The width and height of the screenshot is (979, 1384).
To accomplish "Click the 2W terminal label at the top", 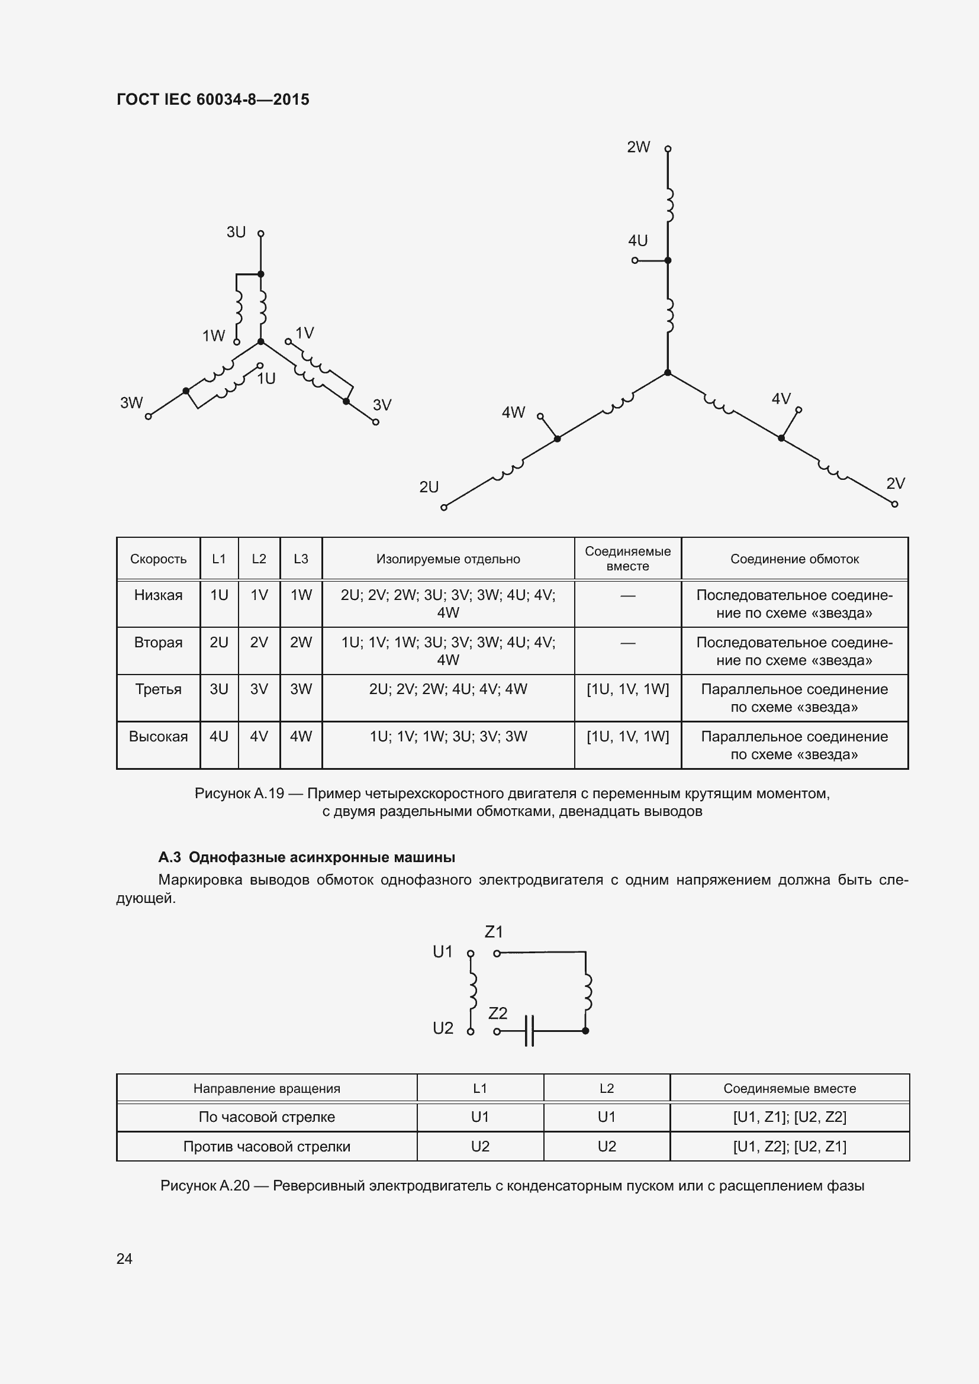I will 638,147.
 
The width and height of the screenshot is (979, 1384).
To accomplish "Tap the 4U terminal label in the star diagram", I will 637,241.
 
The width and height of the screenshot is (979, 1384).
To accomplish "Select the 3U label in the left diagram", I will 236,232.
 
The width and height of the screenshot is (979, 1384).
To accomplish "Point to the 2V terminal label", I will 895,483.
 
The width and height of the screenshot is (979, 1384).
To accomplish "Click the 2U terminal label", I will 429,487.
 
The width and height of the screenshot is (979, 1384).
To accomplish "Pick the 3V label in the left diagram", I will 382,405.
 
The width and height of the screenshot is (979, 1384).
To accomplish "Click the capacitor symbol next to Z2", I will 529,1031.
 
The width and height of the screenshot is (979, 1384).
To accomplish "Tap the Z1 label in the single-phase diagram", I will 494,932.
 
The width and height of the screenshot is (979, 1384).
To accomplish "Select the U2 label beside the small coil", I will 443,1028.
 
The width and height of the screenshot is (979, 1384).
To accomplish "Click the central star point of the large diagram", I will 667,373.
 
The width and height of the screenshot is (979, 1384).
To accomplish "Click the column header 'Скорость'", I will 158,559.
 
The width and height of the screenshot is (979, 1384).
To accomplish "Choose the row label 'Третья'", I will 158,689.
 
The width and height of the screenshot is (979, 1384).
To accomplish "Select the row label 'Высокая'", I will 158,737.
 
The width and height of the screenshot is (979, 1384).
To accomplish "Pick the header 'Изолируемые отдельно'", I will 448,559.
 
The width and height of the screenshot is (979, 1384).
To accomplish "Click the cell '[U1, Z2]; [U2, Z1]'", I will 789,1147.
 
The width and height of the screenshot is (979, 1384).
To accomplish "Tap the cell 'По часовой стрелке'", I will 266,1117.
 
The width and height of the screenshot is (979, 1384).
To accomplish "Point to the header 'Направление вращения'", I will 266,1089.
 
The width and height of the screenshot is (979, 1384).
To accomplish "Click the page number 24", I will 124,1259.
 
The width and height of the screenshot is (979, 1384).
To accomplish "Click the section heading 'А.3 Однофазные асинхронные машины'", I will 306,857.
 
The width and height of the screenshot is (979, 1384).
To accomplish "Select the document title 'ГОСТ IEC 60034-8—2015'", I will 213,99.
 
